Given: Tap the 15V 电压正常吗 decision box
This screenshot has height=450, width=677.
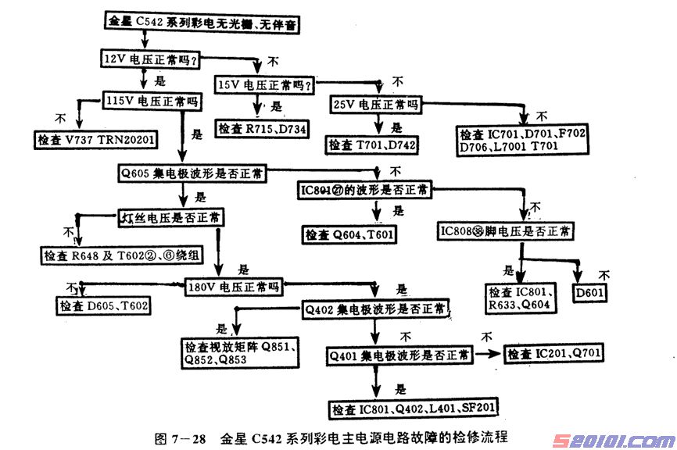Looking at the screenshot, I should [265, 84].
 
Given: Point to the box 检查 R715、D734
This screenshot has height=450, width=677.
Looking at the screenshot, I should [263, 128].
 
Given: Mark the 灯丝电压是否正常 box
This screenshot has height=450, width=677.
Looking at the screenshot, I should [170, 216].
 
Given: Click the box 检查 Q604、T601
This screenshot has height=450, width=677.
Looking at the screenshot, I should [349, 234].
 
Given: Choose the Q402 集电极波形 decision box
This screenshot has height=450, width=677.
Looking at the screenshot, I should [377, 309].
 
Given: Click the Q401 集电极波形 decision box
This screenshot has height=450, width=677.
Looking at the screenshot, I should [399, 356].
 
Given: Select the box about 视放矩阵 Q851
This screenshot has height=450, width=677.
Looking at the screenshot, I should [237, 353].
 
